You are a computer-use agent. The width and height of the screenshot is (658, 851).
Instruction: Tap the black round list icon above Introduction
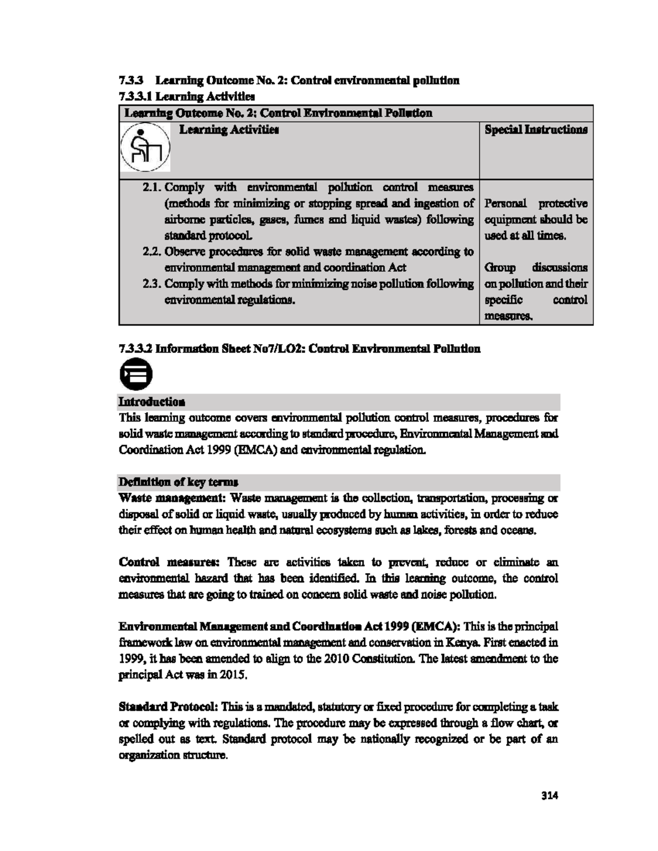pyautogui.click(x=135, y=375)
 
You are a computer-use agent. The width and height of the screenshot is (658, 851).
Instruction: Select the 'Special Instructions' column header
pyautogui.click(x=536, y=130)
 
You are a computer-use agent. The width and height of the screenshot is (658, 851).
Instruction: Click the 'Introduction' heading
pyautogui.click(x=152, y=402)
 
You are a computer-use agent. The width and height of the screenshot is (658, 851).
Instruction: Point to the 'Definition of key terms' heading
pyautogui.click(x=178, y=482)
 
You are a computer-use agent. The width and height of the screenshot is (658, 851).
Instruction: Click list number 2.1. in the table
pyautogui.click(x=152, y=187)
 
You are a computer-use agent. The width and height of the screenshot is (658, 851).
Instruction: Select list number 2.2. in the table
pyautogui.click(x=152, y=252)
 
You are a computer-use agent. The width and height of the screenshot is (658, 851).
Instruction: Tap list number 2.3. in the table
pyautogui.click(x=152, y=284)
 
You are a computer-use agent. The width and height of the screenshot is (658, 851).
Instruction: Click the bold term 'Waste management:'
pyautogui.click(x=173, y=498)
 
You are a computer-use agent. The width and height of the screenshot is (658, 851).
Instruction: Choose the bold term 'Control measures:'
pyautogui.click(x=169, y=562)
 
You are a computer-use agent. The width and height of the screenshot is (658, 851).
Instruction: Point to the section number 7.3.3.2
pyautogui.click(x=135, y=349)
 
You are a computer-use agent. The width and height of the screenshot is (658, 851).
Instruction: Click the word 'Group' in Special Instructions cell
pyautogui.click(x=500, y=268)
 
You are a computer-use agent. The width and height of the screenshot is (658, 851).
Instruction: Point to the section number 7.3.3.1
pyautogui.click(x=135, y=97)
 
